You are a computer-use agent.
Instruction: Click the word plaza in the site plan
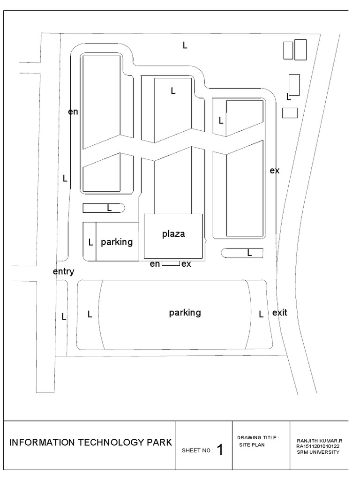[x=173, y=234]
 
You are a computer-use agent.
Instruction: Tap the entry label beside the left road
[x=64, y=271]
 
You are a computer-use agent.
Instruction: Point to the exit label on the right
[x=279, y=312]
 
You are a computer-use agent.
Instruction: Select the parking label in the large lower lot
[x=185, y=313]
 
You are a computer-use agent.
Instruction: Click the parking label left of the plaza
[x=117, y=242]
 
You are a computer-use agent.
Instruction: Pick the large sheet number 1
[x=220, y=450]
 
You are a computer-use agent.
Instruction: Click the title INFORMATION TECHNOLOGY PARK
[x=91, y=442]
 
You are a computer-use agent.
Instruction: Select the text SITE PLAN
[x=252, y=445]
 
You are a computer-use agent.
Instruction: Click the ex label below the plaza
[x=186, y=264]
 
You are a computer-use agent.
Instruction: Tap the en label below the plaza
[x=155, y=264]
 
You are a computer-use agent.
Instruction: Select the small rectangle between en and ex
[x=171, y=263]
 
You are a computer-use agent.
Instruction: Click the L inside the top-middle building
[x=173, y=91]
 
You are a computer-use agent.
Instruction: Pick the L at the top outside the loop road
[x=185, y=45]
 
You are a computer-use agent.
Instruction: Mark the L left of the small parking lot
[x=91, y=243]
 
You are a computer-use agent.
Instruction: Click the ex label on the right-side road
[x=275, y=171]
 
